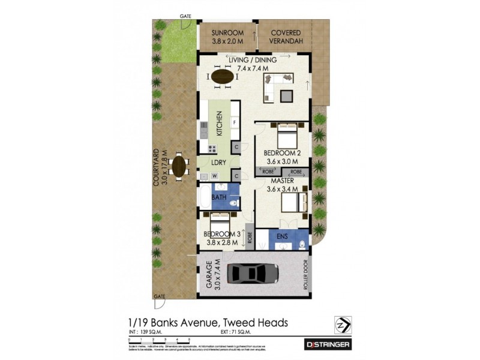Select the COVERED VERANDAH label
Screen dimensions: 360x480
tap(286, 37)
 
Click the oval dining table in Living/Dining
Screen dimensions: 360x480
tap(223, 77)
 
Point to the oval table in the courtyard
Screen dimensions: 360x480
tap(179, 166)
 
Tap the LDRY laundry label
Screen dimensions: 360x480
tap(218, 162)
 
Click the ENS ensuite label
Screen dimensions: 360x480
tap(282, 236)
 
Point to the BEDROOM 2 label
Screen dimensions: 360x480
tap(281, 157)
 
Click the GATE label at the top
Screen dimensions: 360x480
tap(185, 16)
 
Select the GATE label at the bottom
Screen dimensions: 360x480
tap(159, 296)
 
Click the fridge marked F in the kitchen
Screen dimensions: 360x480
tap(233, 123)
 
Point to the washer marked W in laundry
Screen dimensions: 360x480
tap(214, 176)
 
